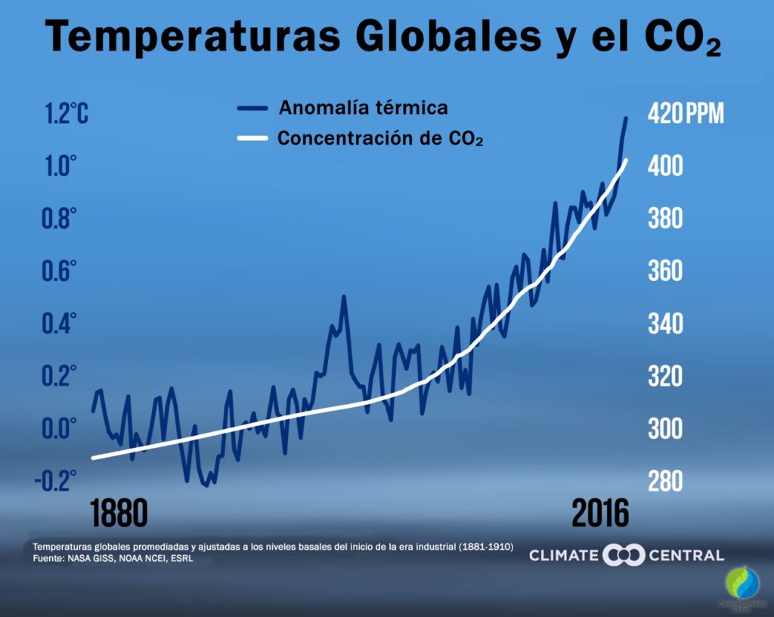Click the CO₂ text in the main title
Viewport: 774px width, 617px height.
[x=681, y=38]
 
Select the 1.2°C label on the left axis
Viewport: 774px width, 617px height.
[x=67, y=114]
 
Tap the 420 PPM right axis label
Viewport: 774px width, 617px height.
[x=686, y=114]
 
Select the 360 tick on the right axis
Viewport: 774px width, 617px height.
[x=666, y=272]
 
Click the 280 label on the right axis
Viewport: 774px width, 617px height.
[x=666, y=481]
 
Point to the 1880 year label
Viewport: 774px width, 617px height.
[x=119, y=514]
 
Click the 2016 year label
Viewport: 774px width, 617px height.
[x=600, y=514]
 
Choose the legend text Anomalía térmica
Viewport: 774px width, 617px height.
[x=364, y=107]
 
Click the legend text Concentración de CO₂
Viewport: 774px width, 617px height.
[x=380, y=140]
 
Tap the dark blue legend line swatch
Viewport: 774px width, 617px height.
[x=252, y=108]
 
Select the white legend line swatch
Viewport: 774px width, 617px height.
[x=252, y=140]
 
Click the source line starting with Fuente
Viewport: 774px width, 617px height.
[x=113, y=559]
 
